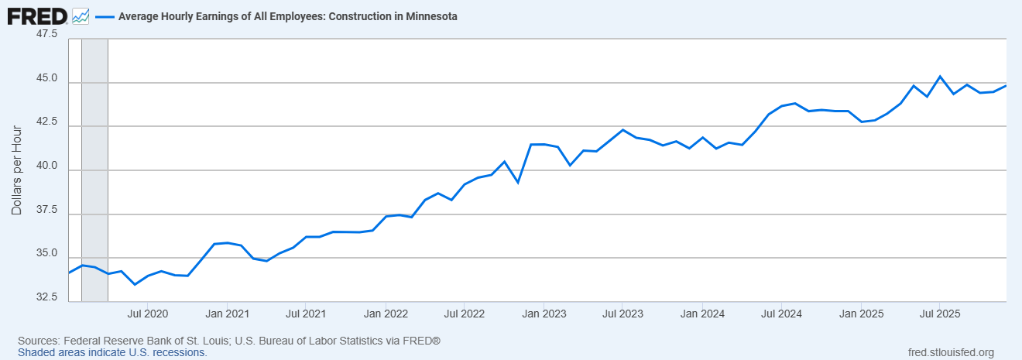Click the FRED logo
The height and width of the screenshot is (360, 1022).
click(x=36, y=15)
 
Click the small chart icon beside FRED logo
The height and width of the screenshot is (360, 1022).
click(x=81, y=15)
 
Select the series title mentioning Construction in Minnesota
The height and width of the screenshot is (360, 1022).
click(x=287, y=16)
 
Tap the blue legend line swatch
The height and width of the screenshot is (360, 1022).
click(x=105, y=16)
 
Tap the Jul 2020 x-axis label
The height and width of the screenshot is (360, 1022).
click(x=146, y=314)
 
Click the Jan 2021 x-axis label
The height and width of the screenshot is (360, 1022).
click(x=226, y=314)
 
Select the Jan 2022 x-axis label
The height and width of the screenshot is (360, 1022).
click(x=385, y=314)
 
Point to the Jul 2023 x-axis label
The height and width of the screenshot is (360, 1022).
click(x=622, y=314)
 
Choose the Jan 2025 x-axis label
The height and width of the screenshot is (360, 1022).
click(x=861, y=314)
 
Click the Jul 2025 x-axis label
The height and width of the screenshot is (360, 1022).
click(x=940, y=314)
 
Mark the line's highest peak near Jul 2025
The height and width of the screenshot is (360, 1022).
click(x=940, y=77)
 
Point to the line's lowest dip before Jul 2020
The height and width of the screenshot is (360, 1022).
click(x=135, y=284)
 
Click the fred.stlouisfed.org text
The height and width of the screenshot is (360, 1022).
click(x=950, y=352)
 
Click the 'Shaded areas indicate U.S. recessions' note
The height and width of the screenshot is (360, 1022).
click(x=112, y=352)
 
